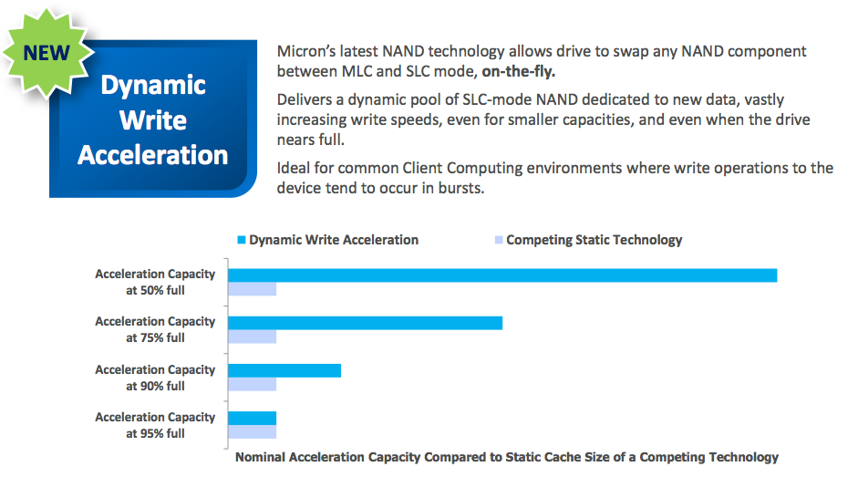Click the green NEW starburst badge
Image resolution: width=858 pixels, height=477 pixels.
pos(47,54)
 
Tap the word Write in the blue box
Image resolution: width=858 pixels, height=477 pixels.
pos(153,120)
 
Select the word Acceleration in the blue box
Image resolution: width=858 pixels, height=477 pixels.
pos(152,155)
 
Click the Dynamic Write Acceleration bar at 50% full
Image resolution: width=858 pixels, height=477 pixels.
pos(502,275)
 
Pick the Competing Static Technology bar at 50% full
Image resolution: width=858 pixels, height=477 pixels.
pos(253,289)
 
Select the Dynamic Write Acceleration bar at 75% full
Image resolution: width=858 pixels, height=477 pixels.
pos(365,323)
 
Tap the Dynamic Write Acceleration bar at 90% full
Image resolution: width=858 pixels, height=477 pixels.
pos(284,371)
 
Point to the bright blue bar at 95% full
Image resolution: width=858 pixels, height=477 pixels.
pos(253,419)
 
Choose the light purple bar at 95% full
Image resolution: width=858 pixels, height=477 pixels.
pos(253,432)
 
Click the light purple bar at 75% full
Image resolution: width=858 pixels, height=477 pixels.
pos(253,337)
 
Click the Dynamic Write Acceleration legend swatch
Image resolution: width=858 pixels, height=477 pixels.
pos(242,240)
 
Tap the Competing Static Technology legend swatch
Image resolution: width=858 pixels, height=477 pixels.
pos(499,240)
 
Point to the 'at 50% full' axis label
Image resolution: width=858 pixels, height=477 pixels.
pos(155,290)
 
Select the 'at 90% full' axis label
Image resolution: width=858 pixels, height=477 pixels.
pos(155,386)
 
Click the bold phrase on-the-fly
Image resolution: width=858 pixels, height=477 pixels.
pos(518,72)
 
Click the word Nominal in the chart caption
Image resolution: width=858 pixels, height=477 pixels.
pos(261,457)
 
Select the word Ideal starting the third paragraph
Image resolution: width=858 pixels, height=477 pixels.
pos(294,168)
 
